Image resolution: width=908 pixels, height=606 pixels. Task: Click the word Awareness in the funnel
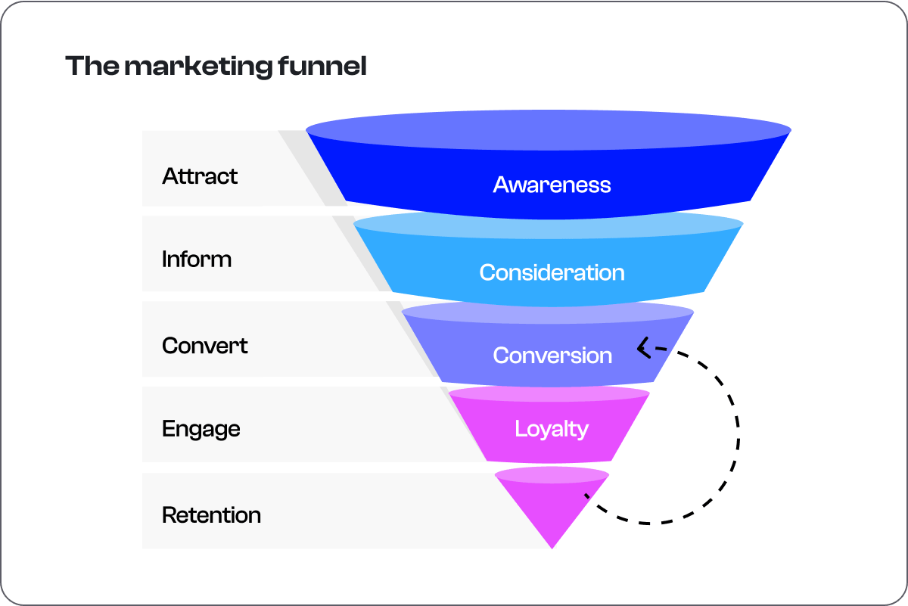[x=552, y=185]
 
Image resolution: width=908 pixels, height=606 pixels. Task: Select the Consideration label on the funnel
[x=552, y=272]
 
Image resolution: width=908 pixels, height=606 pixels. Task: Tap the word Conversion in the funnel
[x=552, y=356]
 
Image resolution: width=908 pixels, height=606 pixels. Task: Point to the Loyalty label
[x=552, y=429]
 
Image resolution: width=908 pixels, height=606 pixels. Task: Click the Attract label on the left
[x=200, y=176]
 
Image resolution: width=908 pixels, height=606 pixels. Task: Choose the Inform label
[x=197, y=259]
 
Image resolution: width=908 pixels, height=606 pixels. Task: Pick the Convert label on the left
[x=205, y=346]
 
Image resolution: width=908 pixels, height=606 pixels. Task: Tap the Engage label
[x=201, y=430]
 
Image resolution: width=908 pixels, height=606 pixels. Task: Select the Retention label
[x=211, y=515]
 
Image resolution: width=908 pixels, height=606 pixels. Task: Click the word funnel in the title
[x=322, y=66]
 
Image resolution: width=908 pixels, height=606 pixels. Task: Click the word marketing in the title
[x=198, y=67]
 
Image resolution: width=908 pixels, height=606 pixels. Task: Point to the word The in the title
[x=92, y=66]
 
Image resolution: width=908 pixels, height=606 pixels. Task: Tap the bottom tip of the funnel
[x=552, y=549]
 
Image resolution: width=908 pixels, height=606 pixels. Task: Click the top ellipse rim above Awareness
[x=548, y=130]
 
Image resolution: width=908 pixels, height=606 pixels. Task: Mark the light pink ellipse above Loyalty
[x=549, y=394]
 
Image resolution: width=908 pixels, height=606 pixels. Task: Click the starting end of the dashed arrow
[x=586, y=496]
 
